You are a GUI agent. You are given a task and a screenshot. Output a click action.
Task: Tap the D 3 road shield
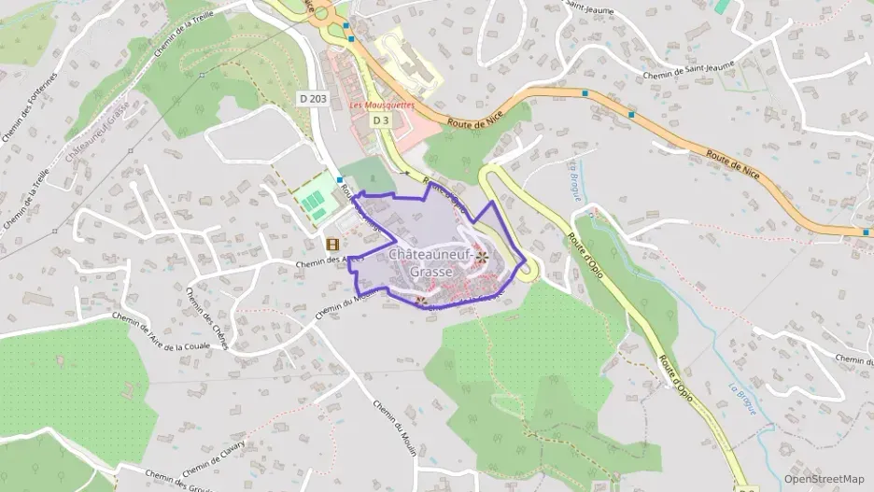381,120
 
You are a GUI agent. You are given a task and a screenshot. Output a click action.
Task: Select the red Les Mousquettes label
381,105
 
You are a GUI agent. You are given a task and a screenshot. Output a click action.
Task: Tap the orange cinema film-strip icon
332,245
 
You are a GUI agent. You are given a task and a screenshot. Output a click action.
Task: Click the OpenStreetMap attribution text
824,479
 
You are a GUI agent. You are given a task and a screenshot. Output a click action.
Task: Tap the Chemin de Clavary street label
214,457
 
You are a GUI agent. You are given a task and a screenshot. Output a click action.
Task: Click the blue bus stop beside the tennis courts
339,178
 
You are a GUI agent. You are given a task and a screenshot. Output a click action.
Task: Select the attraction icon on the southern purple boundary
421,301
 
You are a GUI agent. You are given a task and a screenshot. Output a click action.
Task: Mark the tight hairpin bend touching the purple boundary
528,272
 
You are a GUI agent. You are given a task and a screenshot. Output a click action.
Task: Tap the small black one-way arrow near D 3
405,175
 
